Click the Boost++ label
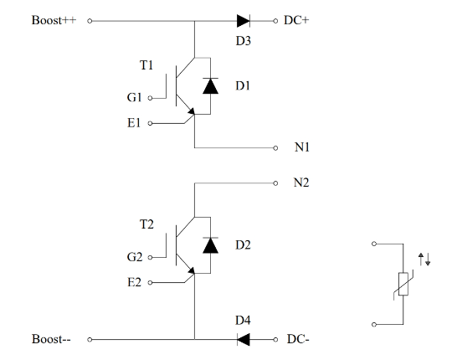(x=54, y=20)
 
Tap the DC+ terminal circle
(x=275, y=21)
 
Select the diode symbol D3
(x=244, y=21)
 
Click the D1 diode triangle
(x=210, y=86)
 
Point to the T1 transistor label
(x=146, y=65)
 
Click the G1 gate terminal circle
(x=150, y=98)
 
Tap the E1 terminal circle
(x=150, y=123)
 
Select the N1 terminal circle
(x=275, y=148)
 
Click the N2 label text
(x=301, y=183)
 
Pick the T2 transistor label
(x=146, y=224)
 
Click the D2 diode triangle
(x=210, y=245)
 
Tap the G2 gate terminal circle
(x=150, y=257)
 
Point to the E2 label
(x=134, y=282)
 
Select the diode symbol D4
(x=244, y=340)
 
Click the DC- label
(x=298, y=339)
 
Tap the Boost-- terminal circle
(x=90, y=340)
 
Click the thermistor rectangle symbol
(x=403, y=284)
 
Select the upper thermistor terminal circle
(x=374, y=244)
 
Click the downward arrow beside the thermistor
(x=428, y=259)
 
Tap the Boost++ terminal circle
(x=90, y=21)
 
